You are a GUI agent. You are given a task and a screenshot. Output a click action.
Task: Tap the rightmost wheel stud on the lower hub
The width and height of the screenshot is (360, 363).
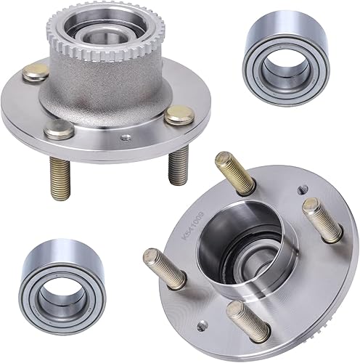[323, 219]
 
